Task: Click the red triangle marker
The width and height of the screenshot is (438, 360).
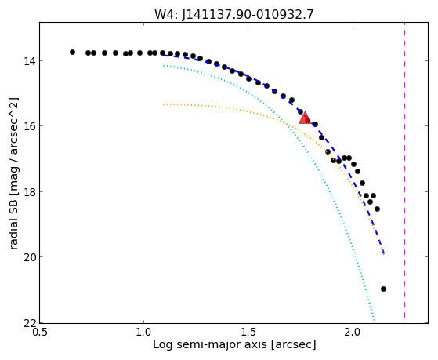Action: [x=305, y=118]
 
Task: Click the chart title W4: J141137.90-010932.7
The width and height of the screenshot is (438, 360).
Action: [x=234, y=15]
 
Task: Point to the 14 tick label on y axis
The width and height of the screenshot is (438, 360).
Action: [x=29, y=61]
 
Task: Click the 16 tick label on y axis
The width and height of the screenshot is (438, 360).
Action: [x=29, y=126]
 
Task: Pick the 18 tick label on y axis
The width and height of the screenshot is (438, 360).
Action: [x=29, y=192]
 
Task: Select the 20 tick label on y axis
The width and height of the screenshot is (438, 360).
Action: [x=29, y=257]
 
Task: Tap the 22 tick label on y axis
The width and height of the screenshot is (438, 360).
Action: [x=29, y=323]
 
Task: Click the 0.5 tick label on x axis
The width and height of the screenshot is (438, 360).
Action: [x=40, y=333]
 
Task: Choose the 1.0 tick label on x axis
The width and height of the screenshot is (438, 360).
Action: [x=143, y=333]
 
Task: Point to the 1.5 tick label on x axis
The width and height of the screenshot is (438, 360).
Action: [x=248, y=333]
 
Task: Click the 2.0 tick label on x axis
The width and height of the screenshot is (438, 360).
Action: [x=353, y=333]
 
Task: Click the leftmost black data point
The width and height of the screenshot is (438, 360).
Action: [x=72, y=52]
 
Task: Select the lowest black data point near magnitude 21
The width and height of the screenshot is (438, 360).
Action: [x=383, y=289]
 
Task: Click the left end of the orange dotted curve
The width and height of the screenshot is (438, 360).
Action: [x=164, y=104]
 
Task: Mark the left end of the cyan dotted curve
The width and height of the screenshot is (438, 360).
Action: [x=164, y=66]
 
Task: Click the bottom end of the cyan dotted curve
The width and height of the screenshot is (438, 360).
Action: [x=375, y=321]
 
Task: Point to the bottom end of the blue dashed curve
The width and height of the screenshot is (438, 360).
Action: [x=384, y=254]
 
